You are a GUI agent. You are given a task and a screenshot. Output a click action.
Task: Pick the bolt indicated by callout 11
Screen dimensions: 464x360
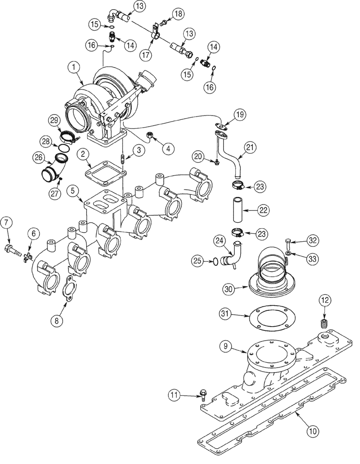coord(203,394)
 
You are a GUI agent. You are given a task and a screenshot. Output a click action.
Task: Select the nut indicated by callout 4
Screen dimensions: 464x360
coord(150,135)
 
